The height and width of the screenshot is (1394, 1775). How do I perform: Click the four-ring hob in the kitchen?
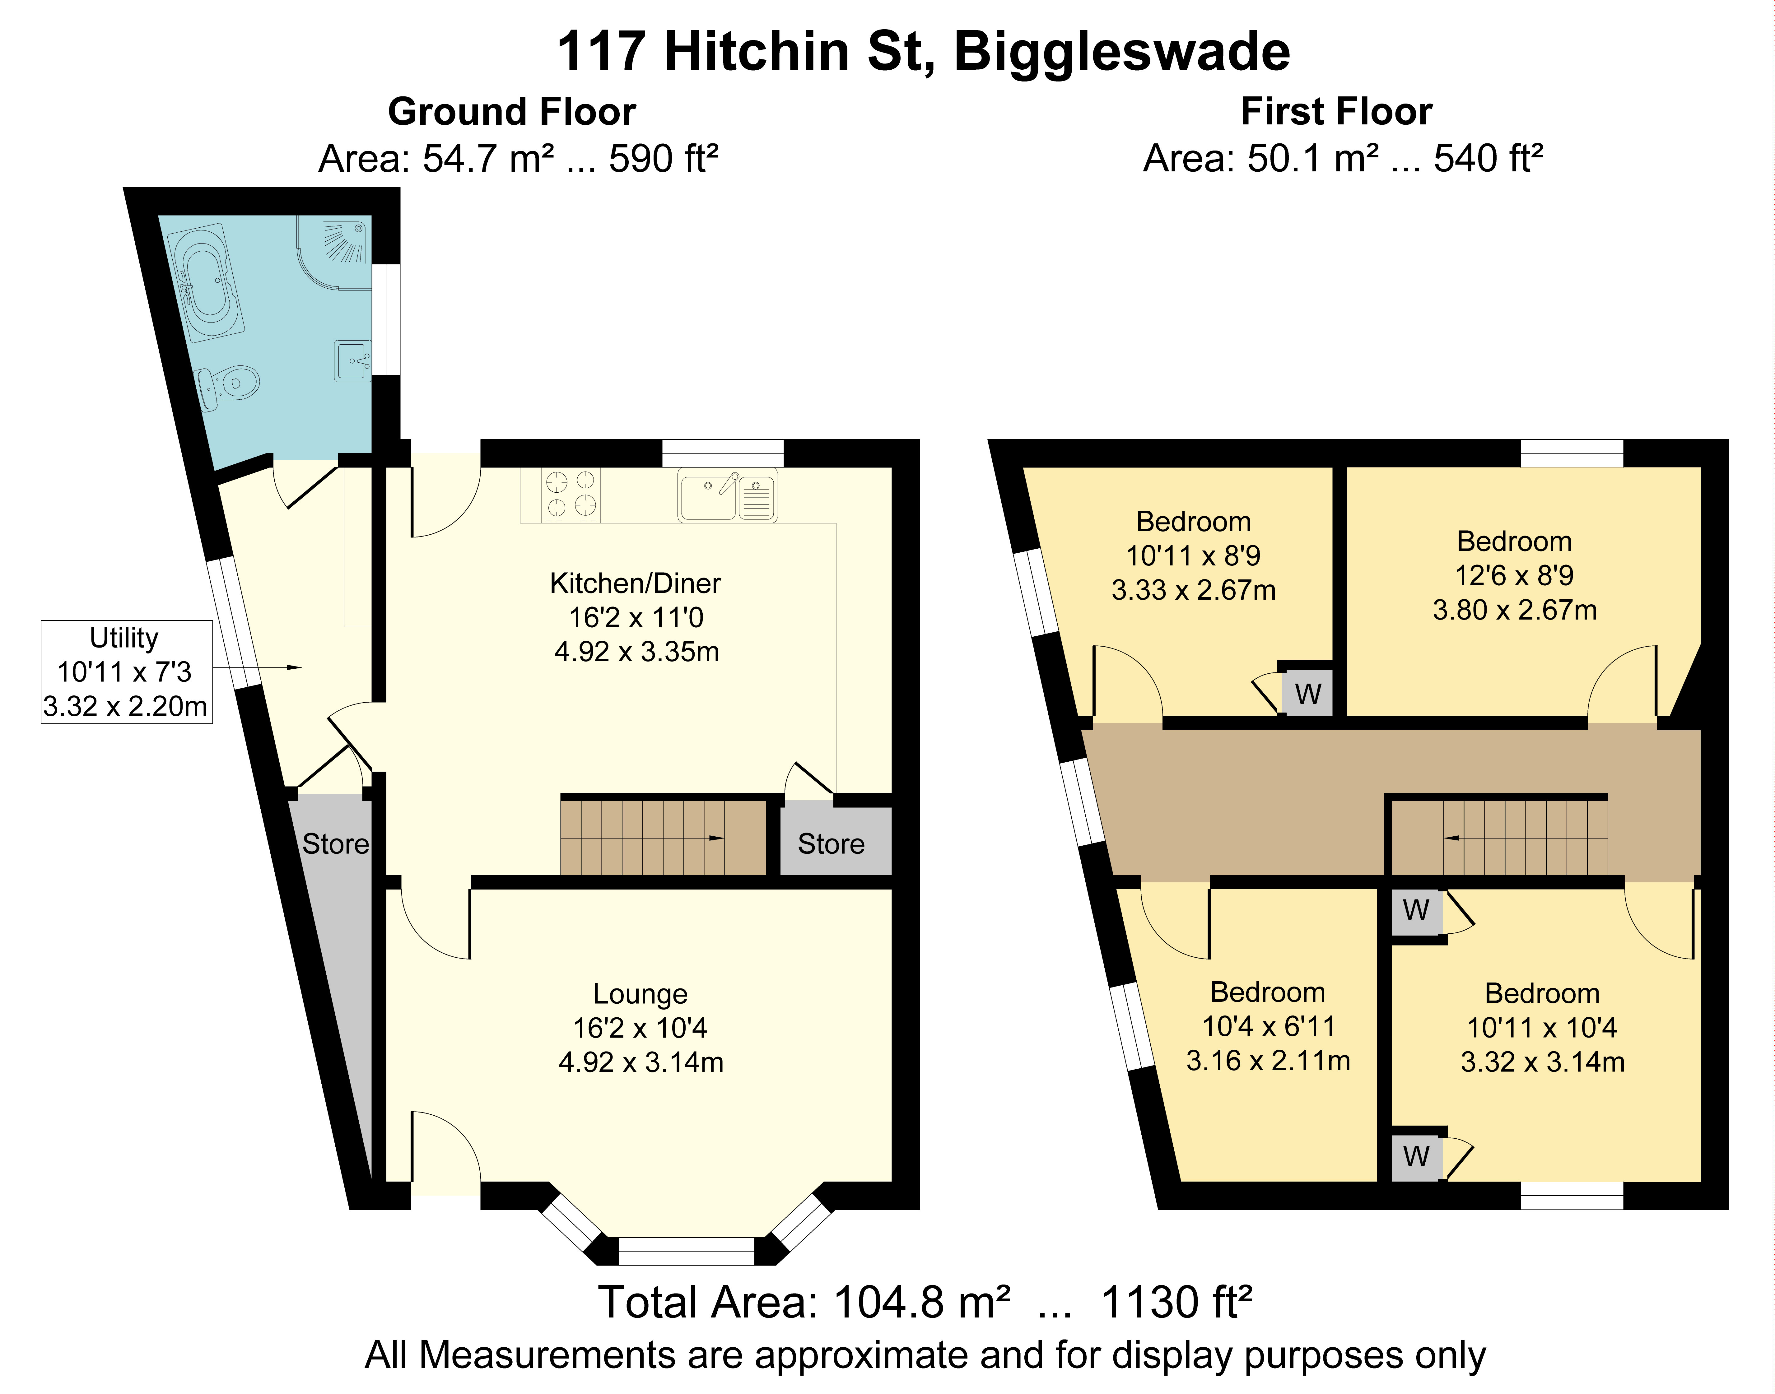571,495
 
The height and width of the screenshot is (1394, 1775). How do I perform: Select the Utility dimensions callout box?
127,672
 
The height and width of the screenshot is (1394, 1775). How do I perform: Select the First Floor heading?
1336,112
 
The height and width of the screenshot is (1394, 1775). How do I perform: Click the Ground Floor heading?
512,112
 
